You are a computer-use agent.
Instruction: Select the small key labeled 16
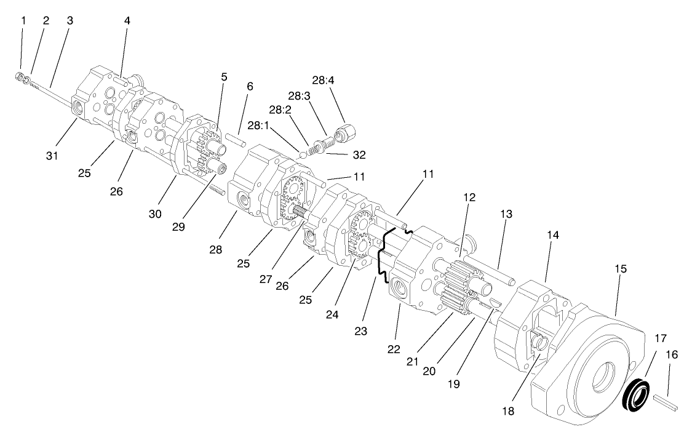664,403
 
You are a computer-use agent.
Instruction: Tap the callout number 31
52,156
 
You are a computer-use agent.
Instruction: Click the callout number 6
249,87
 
